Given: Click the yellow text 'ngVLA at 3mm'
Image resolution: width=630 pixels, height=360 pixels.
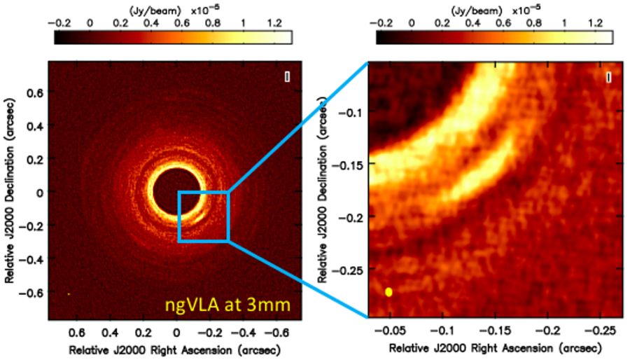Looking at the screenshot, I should click(x=223, y=303).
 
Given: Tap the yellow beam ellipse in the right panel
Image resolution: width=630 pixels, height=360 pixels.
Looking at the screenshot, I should click(x=388, y=291).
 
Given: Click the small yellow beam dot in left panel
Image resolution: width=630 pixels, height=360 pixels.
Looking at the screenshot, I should click(x=69, y=294).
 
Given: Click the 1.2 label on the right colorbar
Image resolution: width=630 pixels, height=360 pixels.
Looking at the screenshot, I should click(x=596, y=22).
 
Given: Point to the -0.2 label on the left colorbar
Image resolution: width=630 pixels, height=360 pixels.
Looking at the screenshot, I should click(x=59, y=22).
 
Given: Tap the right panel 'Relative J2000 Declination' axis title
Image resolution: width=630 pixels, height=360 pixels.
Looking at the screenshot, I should click(x=325, y=189).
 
